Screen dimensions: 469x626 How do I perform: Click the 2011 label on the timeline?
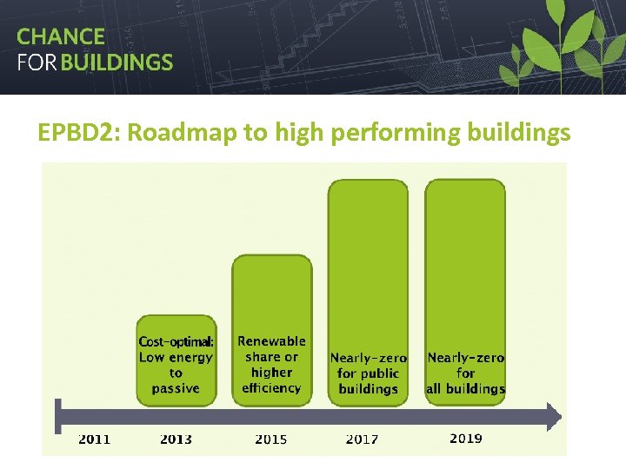pos(95,439)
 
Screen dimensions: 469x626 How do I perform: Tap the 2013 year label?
pos(176,439)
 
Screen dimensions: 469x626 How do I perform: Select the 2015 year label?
pos(271,439)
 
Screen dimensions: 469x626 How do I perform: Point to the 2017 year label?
pos(362,439)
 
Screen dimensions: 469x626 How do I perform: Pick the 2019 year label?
pos(466,439)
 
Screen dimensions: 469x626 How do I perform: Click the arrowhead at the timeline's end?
pos(553,416)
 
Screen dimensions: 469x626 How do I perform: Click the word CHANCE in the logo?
pos(61,36)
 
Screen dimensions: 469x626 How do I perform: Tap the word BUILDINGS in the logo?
pos(123,63)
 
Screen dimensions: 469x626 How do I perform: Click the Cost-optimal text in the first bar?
pos(176,341)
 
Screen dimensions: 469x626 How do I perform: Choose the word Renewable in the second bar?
pos(271,341)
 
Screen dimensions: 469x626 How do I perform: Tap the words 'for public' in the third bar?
pos(368,373)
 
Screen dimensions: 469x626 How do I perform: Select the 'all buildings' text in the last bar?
pos(465,389)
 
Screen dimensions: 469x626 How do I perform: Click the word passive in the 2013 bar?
pos(176,388)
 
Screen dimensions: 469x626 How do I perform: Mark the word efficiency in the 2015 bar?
pos(271,388)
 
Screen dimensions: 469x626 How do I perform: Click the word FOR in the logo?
pos(36,63)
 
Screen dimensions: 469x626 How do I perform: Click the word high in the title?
pos(296,133)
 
